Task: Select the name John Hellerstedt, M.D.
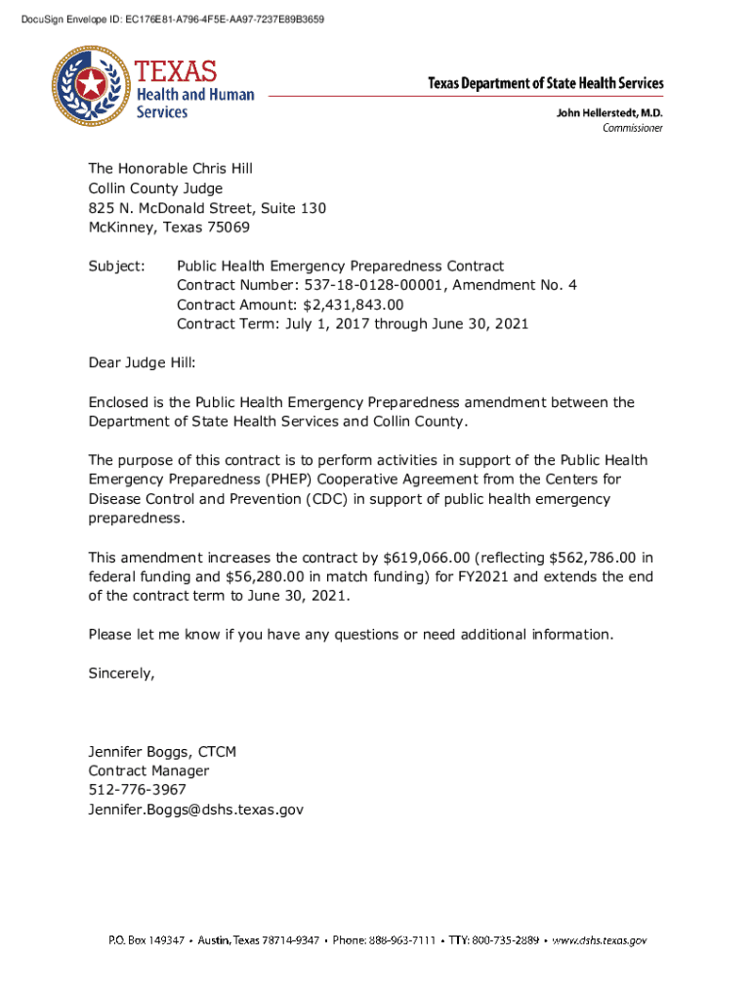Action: click(609, 113)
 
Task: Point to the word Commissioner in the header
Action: click(632, 128)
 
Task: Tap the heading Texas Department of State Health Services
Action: click(545, 84)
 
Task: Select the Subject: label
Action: click(116, 266)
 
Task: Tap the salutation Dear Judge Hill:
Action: click(142, 363)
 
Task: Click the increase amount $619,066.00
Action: click(427, 558)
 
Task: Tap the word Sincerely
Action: click(121, 674)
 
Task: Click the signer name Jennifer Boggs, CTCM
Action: click(162, 752)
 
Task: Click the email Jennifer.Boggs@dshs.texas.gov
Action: click(195, 810)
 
